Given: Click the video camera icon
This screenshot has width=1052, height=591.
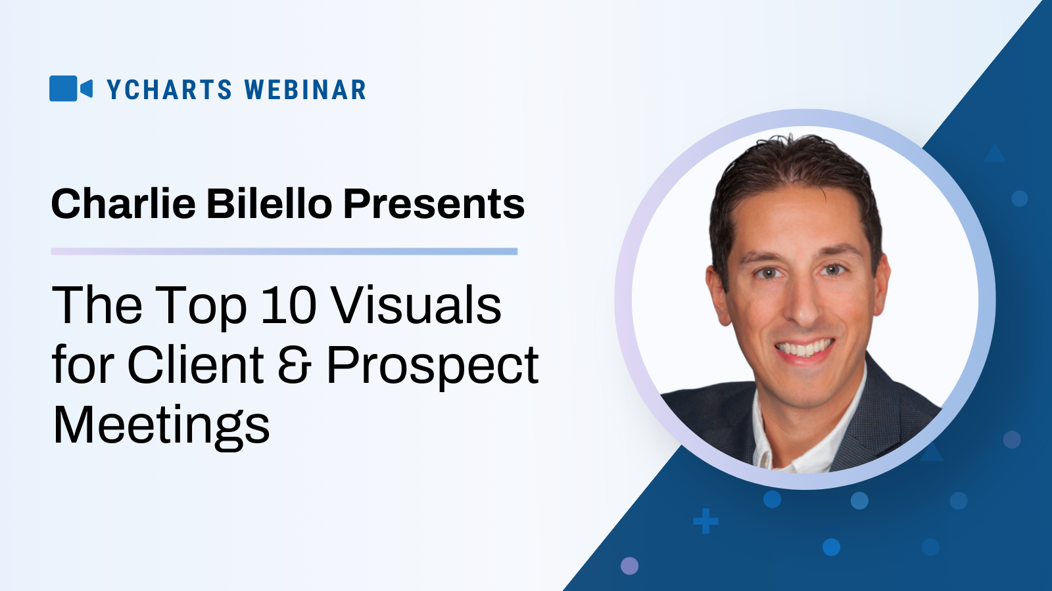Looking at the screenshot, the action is coord(71,88).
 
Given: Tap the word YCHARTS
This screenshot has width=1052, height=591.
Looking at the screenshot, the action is coord(170,89).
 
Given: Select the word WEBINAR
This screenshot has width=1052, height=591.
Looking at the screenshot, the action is coord(305,89).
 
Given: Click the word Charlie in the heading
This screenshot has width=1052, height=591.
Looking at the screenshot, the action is coord(124,204).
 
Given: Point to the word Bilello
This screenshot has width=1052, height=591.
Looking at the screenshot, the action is coord(270,204).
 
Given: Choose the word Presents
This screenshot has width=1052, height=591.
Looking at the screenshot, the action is coord(434,204).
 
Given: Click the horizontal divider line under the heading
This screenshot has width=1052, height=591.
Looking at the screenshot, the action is coord(284,252).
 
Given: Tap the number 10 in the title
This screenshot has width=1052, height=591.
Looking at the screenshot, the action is coord(289,305).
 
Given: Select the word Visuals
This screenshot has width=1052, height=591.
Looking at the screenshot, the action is coord(416,305).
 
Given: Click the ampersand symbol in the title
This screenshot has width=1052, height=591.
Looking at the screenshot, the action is coord(295,365).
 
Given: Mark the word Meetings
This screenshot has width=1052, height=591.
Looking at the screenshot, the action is coord(161,427).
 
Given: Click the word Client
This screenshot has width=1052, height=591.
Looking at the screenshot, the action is coord(195,364).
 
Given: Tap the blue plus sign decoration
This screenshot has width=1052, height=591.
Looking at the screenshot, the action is coord(706,521).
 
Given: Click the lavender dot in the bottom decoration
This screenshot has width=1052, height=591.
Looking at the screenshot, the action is coord(629,565).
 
